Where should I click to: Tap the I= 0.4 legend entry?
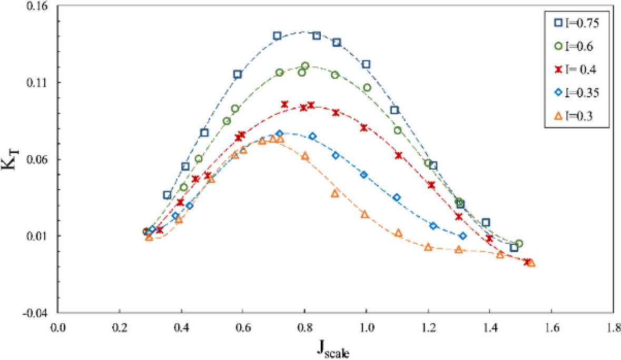tap(571, 69)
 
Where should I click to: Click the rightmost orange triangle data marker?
tap(531, 263)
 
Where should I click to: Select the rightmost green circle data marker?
tap(519, 244)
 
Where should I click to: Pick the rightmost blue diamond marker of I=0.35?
tap(463, 236)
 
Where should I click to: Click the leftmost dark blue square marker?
tap(167, 195)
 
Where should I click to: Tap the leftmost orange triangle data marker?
tap(149, 237)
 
